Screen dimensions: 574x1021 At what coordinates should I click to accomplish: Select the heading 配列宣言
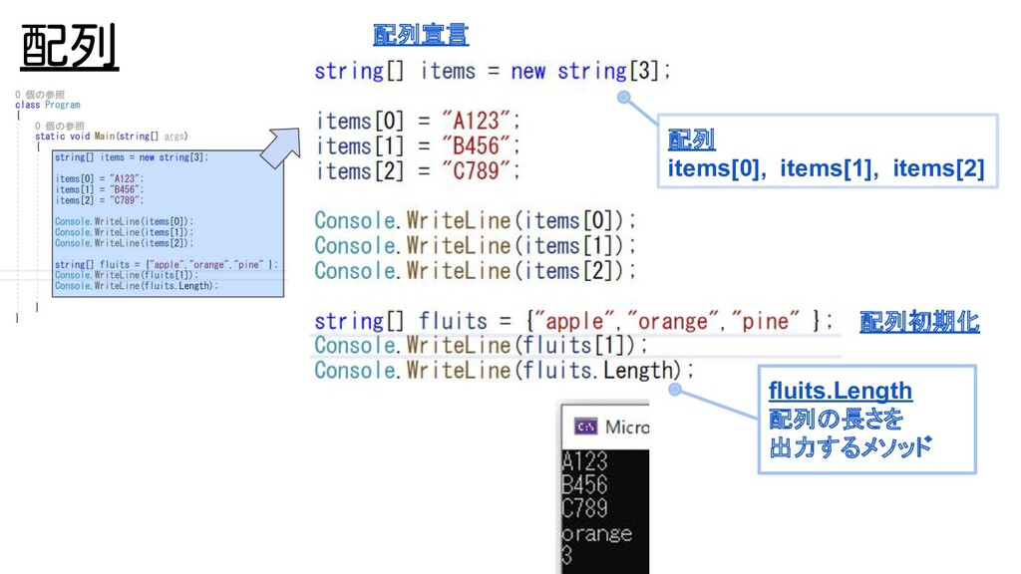pyautogui.click(x=420, y=35)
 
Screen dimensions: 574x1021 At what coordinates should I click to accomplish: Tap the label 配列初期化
pyautogui.click(x=918, y=322)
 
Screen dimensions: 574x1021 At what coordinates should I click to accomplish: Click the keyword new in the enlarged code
pyautogui.click(x=527, y=72)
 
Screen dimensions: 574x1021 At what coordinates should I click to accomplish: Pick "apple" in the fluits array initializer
pyautogui.click(x=575, y=322)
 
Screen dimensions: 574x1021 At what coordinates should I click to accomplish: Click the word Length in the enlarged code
pyautogui.click(x=638, y=371)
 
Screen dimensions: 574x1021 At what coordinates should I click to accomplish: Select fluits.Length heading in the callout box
pyautogui.click(x=841, y=391)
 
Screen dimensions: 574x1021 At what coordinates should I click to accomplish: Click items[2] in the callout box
pyautogui.click(x=937, y=168)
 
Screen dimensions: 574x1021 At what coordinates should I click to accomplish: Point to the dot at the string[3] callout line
pyautogui.click(x=624, y=98)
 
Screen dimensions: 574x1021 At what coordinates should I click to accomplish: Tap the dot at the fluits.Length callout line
pyautogui.click(x=675, y=391)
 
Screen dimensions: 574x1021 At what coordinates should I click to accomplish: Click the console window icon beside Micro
pyautogui.click(x=586, y=428)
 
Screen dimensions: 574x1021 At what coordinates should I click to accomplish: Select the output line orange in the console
pyautogui.click(x=596, y=533)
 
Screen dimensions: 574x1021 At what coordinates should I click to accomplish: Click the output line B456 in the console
pyautogui.click(x=584, y=485)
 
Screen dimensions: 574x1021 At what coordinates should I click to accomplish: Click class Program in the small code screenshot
pyautogui.click(x=48, y=105)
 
